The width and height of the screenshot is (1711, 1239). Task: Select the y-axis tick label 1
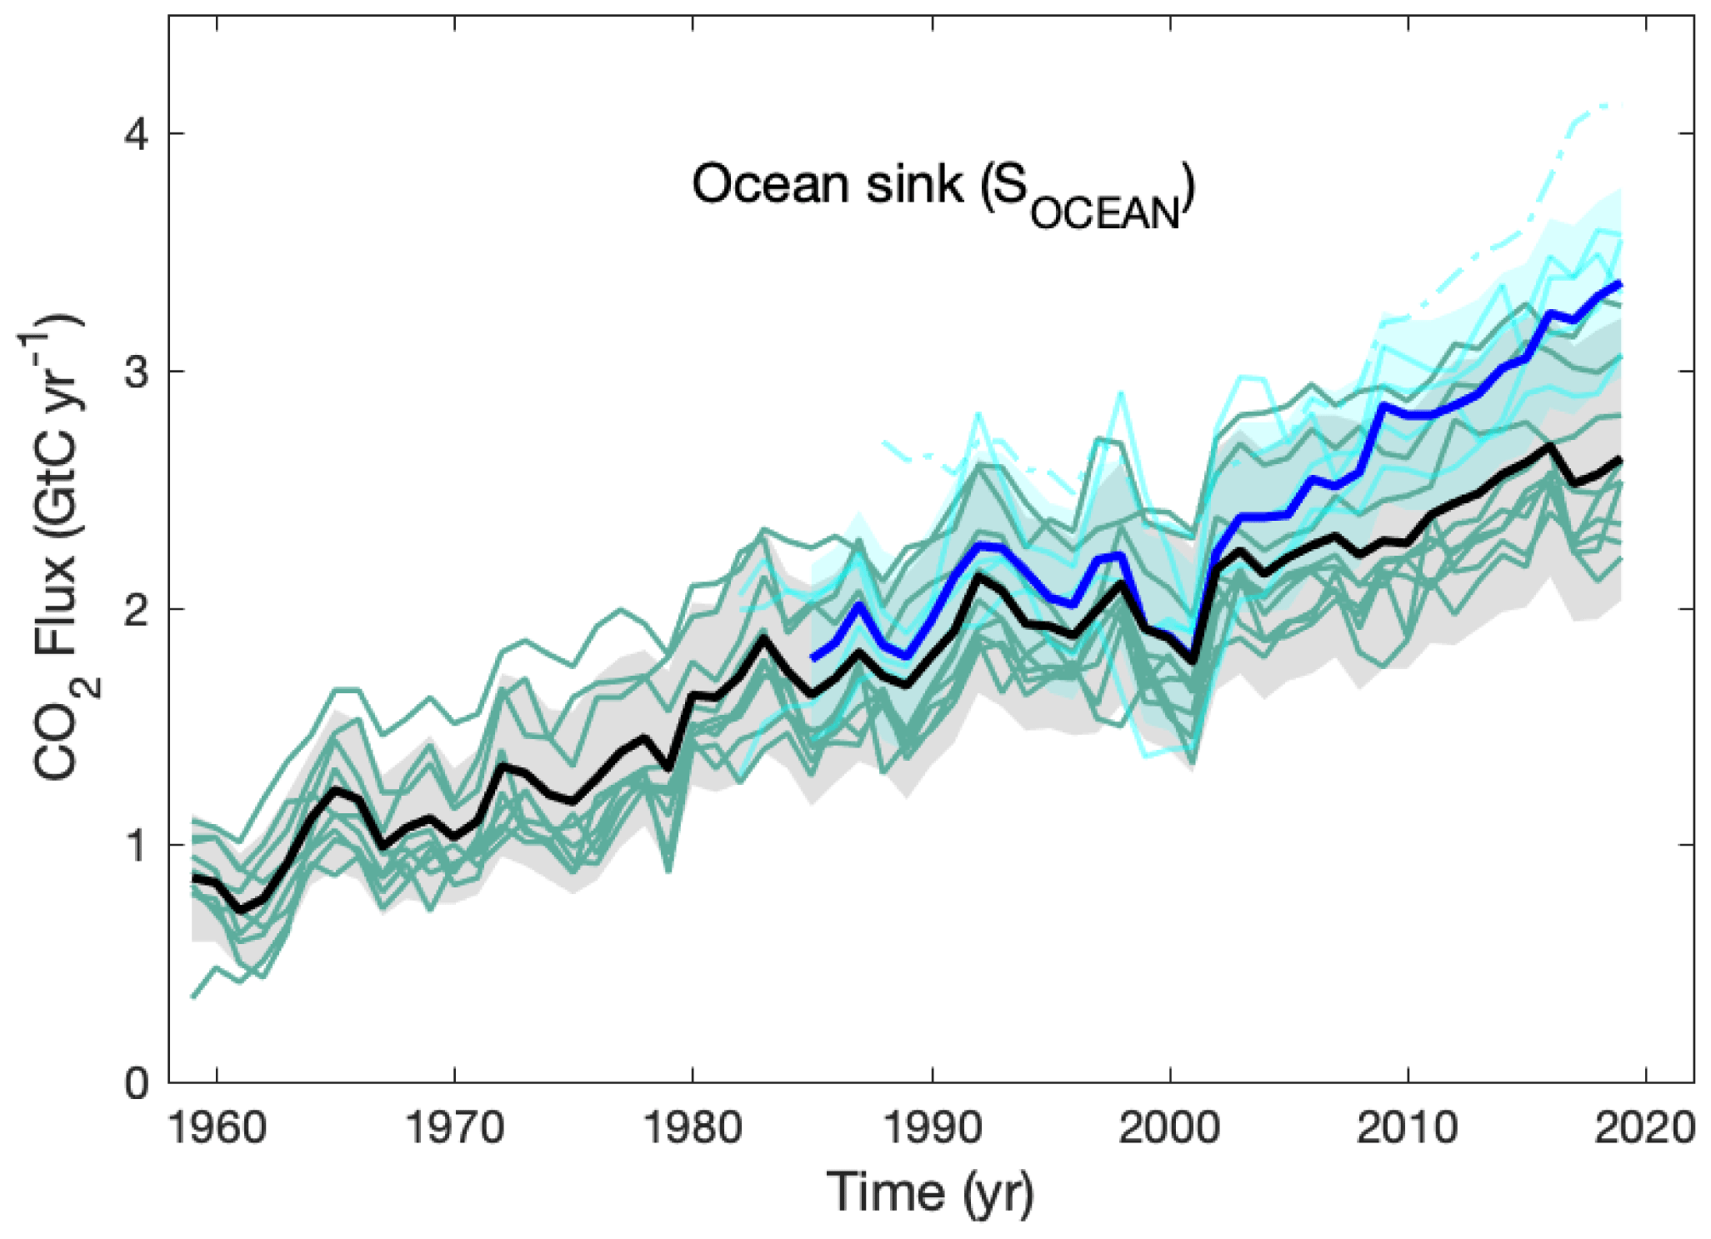(138, 846)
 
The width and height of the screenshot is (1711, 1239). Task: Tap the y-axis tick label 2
(138, 608)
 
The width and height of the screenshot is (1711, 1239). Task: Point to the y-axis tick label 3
(138, 371)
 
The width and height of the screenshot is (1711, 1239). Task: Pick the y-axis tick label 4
(138, 133)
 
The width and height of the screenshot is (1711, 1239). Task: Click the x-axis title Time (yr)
(931, 1193)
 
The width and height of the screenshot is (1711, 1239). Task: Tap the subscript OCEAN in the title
(1106, 214)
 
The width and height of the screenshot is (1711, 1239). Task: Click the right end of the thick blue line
(1620, 284)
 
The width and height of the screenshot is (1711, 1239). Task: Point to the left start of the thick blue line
(814, 658)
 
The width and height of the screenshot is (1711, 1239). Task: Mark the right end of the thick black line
(1620, 459)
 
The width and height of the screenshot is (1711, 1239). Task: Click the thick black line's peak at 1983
(763, 638)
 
